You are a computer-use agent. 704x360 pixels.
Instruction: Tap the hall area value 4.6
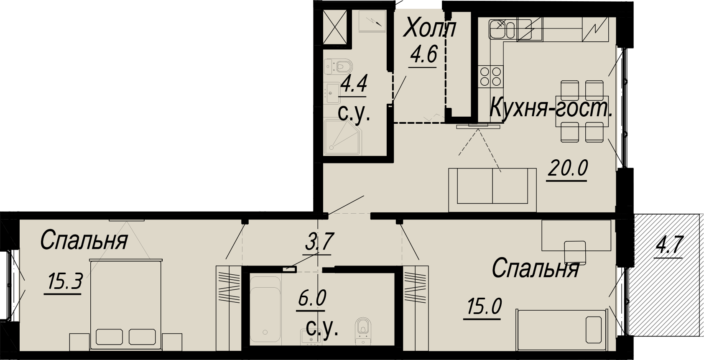tap(423, 55)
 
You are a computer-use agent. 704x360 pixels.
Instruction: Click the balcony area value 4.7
tap(669, 245)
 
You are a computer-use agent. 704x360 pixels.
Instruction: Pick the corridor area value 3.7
tap(319, 242)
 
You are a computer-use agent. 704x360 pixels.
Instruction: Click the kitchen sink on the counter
tap(502, 29)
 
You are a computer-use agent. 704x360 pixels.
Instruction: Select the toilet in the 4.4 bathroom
tap(339, 66)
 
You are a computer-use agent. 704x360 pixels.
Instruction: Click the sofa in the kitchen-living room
tap(492, 189)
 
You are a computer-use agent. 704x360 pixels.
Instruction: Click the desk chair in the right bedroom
tap(575, 252)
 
